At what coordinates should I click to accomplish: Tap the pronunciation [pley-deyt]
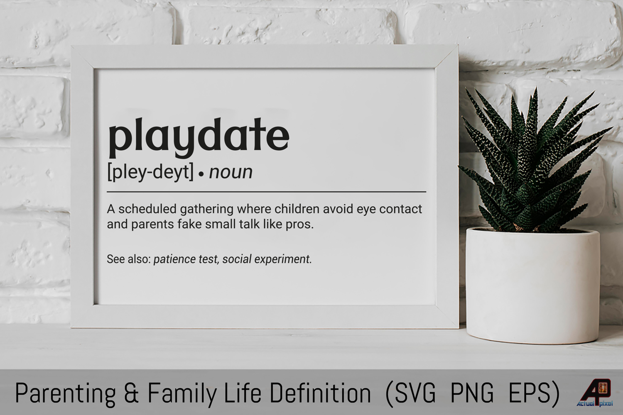[150, 172]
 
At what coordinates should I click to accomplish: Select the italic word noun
[231, 172]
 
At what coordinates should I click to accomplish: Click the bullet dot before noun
[201, 174]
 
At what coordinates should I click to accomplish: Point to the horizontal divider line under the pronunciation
[267, 192]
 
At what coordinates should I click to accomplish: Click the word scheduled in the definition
[147, 209]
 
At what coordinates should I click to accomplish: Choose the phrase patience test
[186, 259]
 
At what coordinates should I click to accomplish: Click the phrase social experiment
[266, 259]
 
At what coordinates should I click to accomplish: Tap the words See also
[129, 259]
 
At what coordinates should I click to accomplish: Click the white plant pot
[533, 285]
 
